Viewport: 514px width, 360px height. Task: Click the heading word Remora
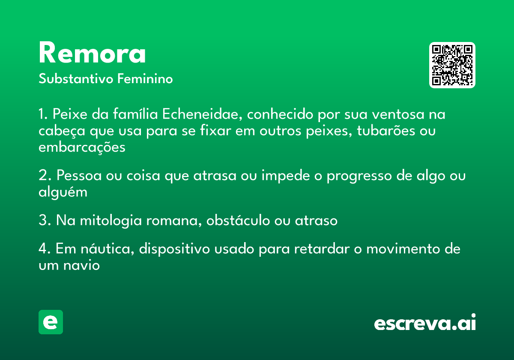(x=92, y=53)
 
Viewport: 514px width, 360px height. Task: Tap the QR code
(x=452, y=65)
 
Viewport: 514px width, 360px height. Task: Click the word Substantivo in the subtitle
(x=76, y=78)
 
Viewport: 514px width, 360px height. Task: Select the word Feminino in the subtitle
(x=145, y=78)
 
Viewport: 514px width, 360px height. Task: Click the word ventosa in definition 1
(x=398, y=114)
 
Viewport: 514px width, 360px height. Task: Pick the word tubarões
(x=386, y=131)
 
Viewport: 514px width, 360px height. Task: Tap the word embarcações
(x=82, y=147)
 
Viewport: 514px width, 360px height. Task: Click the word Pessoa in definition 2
(x=79, y=176)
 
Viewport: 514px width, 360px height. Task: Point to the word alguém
(x=63, y=192)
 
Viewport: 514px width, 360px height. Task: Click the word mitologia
(x=111, y=221)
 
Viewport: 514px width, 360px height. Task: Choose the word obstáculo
(x=238, y=220)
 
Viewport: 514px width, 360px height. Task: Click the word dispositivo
(x=174, y=249)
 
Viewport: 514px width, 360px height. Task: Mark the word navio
(x=81, y=266)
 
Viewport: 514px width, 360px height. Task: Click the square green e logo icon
(x=51, y=322)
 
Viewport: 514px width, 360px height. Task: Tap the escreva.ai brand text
(x=425, y=322)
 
